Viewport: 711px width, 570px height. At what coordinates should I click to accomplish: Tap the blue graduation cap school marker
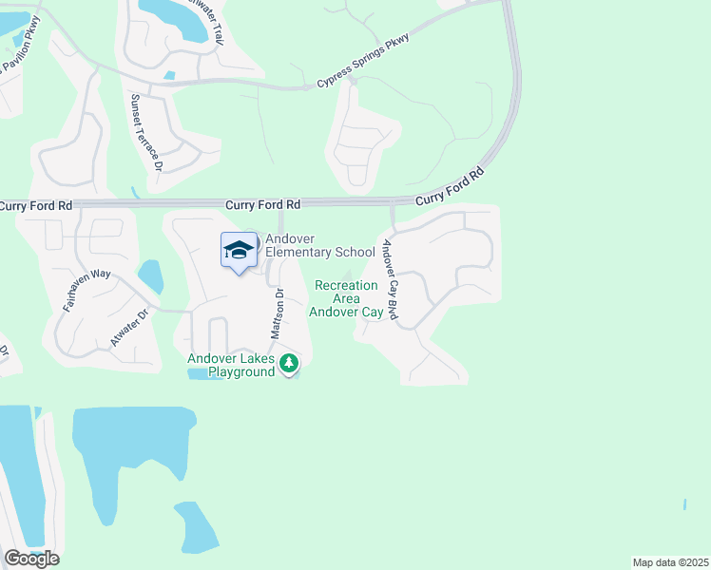pyautogui.click(x=239, y=250)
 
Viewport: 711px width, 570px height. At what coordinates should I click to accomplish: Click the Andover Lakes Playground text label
pyautogui.click(x=231, y=365)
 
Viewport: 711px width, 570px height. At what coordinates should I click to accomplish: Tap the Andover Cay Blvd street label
pyautogui.click(x=388, y=278)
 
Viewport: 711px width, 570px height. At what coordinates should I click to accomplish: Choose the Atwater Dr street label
pyautogui.click(x=130, y=327)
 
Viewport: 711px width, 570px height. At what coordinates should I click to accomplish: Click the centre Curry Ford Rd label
pyautogui.click(x=263, y=204)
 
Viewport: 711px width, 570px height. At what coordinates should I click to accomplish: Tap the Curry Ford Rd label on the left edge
pyautogui.click(x=35, y=205)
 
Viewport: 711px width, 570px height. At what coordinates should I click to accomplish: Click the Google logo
pyautogui.click(x=31, y=559)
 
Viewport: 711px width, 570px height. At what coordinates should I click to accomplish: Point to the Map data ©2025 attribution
pyautogui.click(x=669, y=561)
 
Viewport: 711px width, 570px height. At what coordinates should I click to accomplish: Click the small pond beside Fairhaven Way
pyautogui.click(x=150, y=276)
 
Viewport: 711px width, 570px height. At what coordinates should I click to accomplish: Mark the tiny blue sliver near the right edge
pyautogui.click(x=684, y=503)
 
